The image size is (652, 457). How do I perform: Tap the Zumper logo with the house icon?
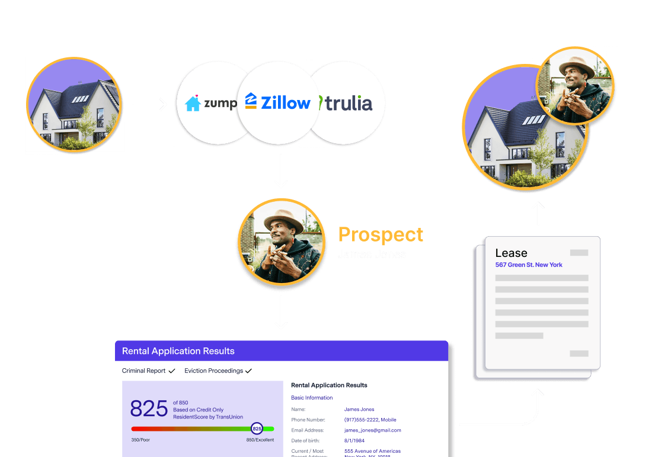pyautogui.click(x=211, y=104)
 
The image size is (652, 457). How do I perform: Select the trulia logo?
pyautogui.click(x=346, y=104)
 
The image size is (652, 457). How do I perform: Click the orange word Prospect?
pyautogui.click(x=381, y=234)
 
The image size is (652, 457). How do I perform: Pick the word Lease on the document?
pyautogui.click(x=511, y=253)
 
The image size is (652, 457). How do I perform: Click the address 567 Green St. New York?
pyautogui.click(x=529, y=265)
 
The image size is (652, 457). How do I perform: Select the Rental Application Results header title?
pyautogui.click(x=178, y=351)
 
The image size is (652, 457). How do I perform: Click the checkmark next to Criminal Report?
pyautogui.click(x=172, y=371)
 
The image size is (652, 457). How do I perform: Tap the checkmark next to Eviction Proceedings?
pyautogui.click(x=248, y=371)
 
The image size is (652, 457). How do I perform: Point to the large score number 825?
pyautogui.click(x=149, y=408)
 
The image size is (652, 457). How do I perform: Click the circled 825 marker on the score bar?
pyautogui.click(x=257, y=428)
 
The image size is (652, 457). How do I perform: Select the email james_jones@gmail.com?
pyautogui.click(x=372, y=430)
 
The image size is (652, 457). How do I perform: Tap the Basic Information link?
pyautogui.click(x=312, y=398)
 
